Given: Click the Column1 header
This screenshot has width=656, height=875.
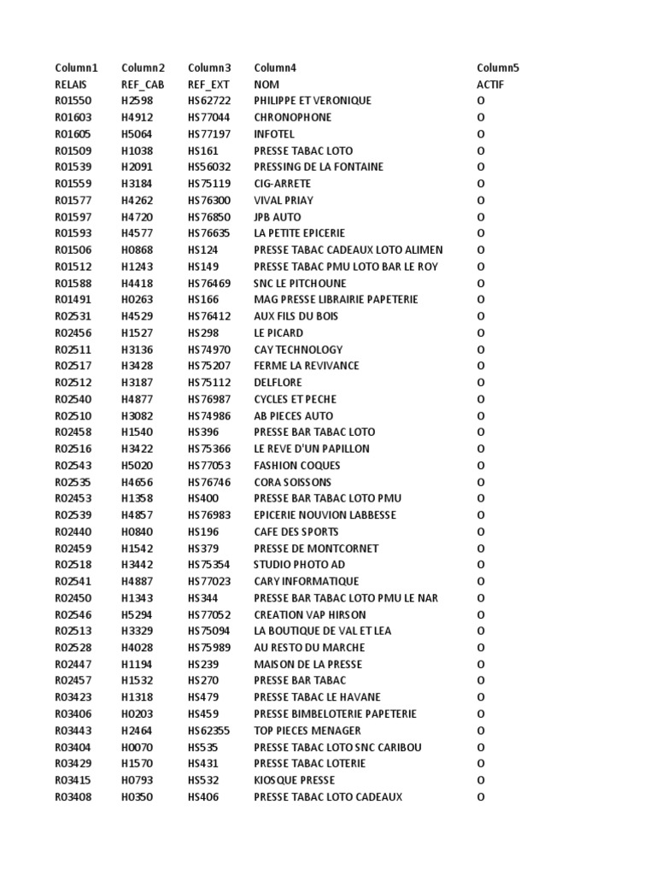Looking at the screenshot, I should click(x=76, y=68).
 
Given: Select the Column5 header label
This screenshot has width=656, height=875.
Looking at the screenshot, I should click(x=498, y=68).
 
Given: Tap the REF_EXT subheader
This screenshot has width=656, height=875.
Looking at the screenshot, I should click(x=209, y=85).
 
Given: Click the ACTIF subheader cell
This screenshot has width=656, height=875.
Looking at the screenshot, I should click(x=490, y=85).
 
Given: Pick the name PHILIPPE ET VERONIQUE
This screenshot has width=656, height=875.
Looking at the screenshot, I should click(x=313, y=101).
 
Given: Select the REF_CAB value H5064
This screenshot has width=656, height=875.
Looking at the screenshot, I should click(x=137, y=134).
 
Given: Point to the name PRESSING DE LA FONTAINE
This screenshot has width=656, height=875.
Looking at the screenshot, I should click(x=319, y=167).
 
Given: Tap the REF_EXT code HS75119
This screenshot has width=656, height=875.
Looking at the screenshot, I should click(x=209, y=184).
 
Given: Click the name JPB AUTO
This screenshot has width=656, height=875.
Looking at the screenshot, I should click(x=278, y=217).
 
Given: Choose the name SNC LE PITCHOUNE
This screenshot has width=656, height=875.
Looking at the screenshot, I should click(x=298, y=283).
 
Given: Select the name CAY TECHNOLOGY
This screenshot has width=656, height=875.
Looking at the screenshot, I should click(x=298, y=349).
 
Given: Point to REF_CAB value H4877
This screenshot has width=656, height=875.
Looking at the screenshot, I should click(x=137, y=399).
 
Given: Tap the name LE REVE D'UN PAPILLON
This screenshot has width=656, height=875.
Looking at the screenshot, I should click(x=312, y=449).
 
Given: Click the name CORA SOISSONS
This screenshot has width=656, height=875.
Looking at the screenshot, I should click(x=292, y=482).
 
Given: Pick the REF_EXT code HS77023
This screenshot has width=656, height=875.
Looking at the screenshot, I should click(x=209, y=581).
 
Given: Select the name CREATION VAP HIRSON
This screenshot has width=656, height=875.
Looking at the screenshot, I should click(x=310, y=614).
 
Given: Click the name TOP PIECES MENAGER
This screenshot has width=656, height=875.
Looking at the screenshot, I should click(x=307, y=731).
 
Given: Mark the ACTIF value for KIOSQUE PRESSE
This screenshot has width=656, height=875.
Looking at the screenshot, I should click(x=481, y=780).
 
